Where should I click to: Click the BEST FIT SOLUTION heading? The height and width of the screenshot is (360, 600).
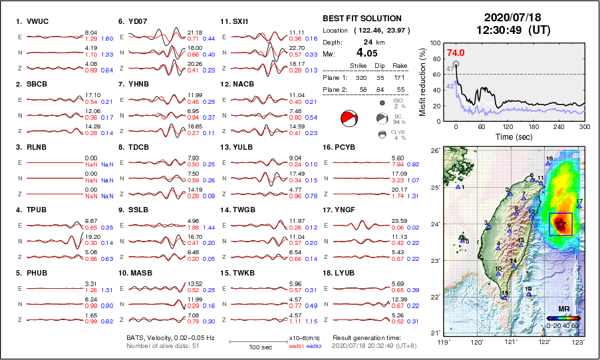362,19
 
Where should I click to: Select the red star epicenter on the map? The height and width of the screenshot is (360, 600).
561,223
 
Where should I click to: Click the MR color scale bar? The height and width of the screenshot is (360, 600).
563,318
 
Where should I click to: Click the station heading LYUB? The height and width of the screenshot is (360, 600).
346,273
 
